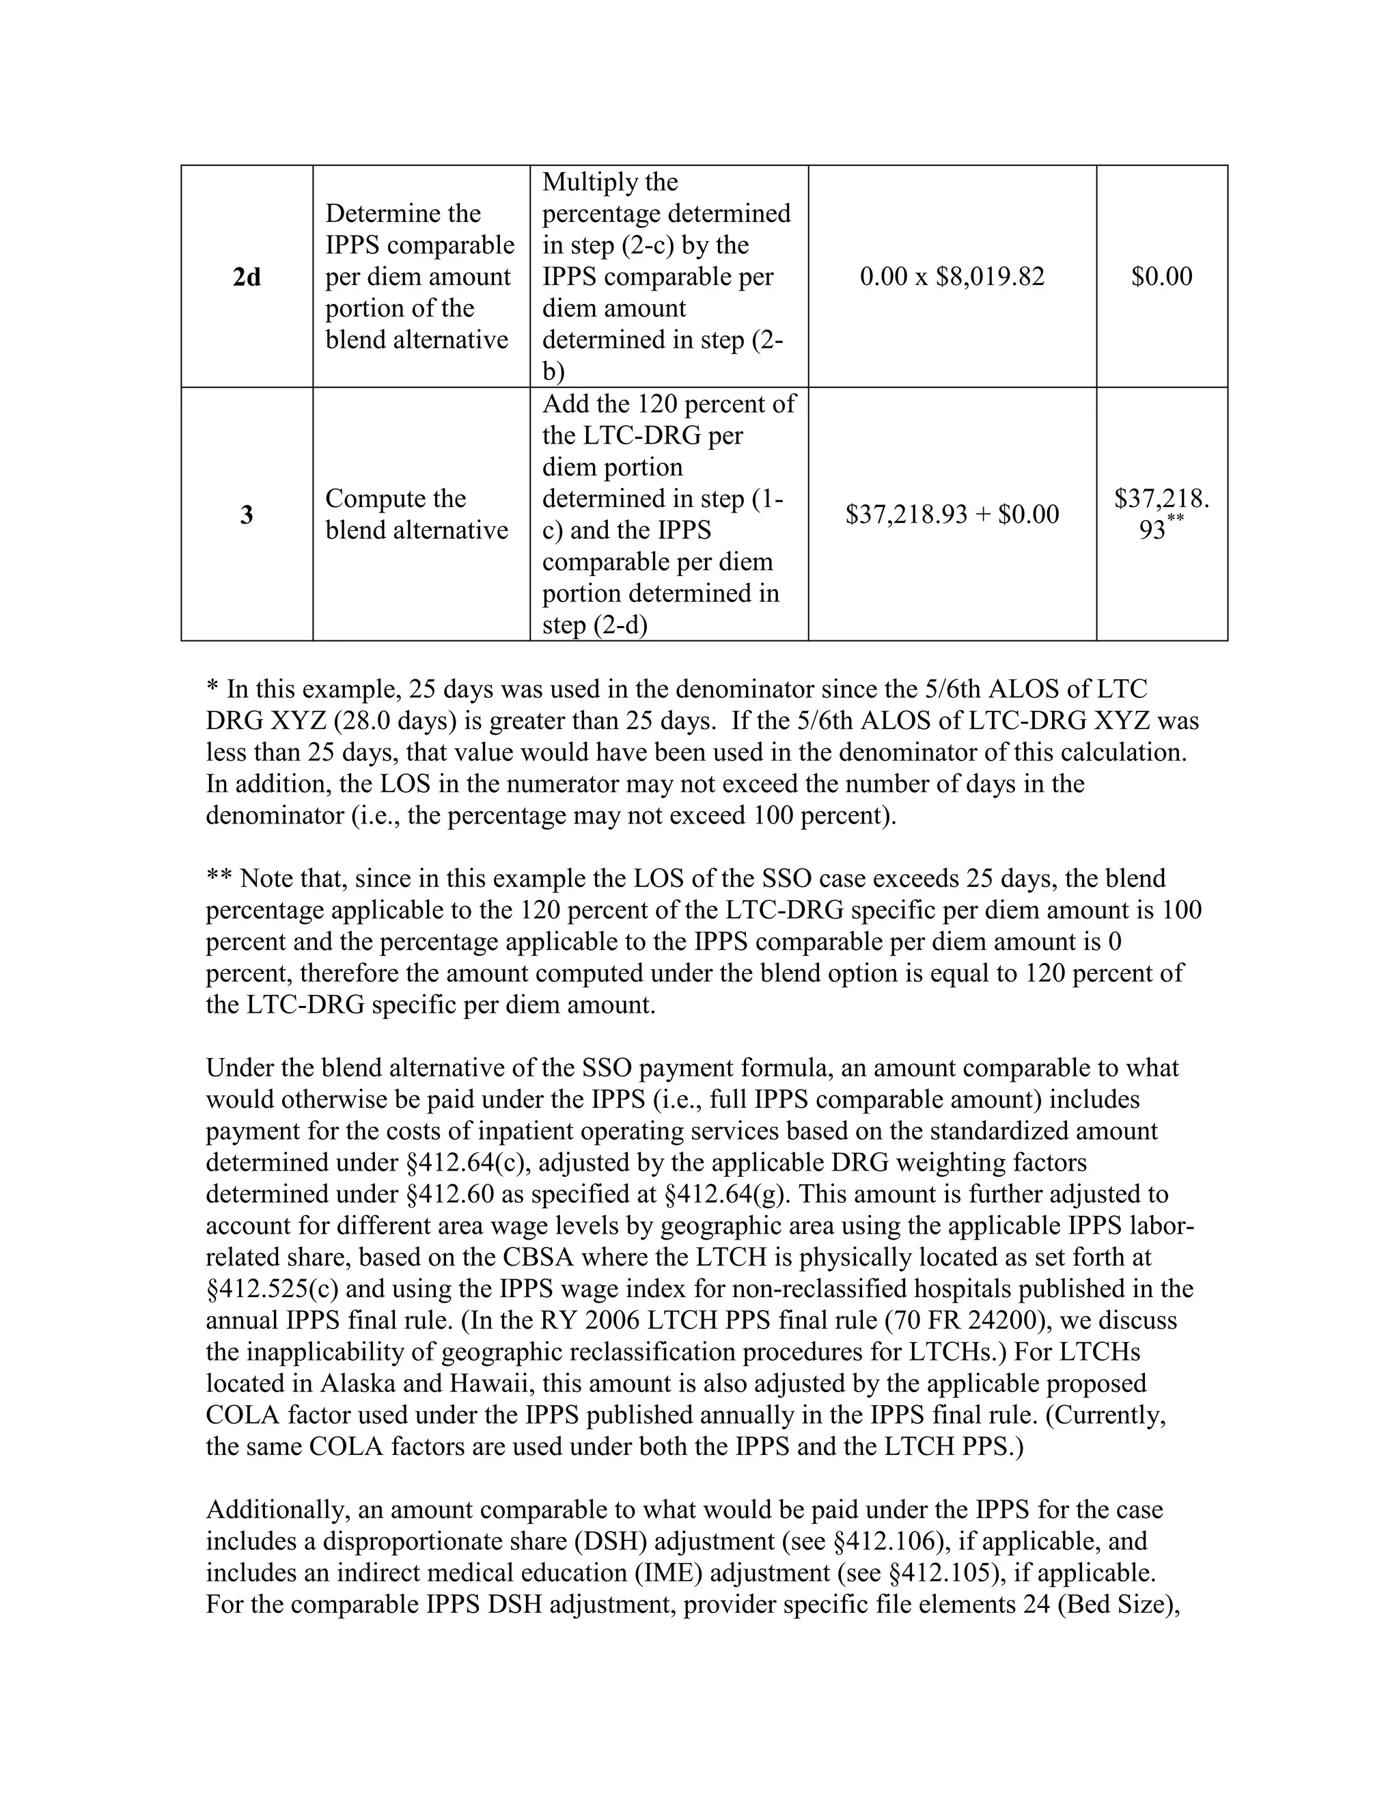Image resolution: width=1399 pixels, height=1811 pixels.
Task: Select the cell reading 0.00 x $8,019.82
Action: pos(952,277)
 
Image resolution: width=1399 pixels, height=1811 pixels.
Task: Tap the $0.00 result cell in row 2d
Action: pos(1161,277)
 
